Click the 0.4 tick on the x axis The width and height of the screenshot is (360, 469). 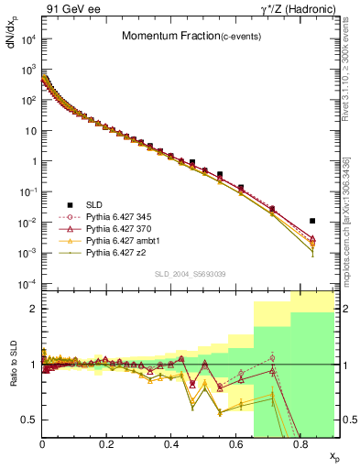click(x=171, y=444)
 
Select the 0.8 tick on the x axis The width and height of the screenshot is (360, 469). click(x=300, y=444)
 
